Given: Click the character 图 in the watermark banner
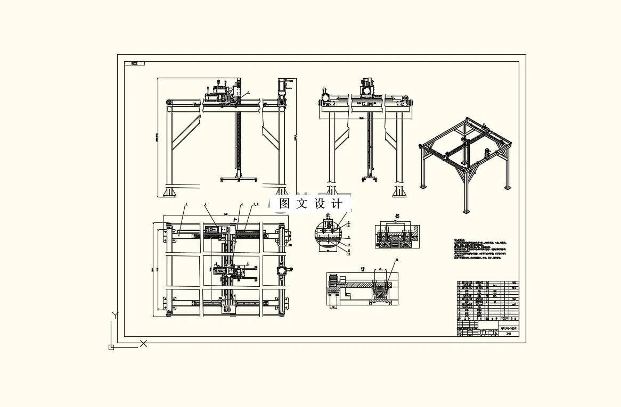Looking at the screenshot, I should [x=284, y=204].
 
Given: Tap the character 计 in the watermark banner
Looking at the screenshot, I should [x=337, y=204].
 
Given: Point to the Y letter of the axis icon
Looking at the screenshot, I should [x=114, y=315].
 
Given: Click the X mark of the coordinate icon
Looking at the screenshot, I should [x=143, y=344].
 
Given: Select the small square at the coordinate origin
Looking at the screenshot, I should [x=111, y=347].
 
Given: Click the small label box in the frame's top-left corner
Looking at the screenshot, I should [x=134, y=63].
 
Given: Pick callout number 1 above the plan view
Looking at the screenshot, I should [x=186, y=204].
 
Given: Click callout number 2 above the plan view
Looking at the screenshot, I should [x=206, y=204].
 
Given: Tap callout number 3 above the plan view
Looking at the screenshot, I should [x=241, y=204].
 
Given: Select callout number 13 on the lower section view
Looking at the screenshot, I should [x=397, y=260].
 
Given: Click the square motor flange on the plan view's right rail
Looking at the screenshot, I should [x=281, y=270].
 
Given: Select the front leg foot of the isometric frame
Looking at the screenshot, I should [x=466, y=211].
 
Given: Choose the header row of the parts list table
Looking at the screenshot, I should [x=487, y=320].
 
